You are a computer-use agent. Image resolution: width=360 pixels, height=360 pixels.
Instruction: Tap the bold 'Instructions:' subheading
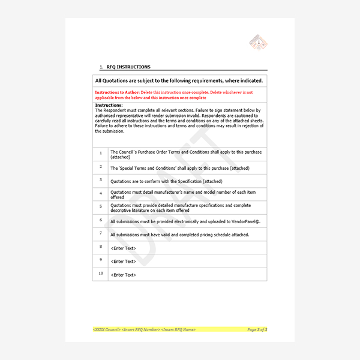coord(109,106)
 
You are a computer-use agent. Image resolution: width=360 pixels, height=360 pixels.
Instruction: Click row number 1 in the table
coord(101,154)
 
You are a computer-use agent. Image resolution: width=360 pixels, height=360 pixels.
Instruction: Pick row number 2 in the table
coord(101,167)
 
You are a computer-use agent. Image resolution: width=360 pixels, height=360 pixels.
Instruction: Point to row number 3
coord(101,181)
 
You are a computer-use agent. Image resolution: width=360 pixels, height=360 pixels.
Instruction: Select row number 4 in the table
coord(101,194)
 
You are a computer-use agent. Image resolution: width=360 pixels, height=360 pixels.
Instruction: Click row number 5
coord(101,207)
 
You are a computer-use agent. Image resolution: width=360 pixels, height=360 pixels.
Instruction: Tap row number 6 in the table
coord(101,220)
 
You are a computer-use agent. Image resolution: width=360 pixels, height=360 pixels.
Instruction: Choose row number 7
coord(101,233)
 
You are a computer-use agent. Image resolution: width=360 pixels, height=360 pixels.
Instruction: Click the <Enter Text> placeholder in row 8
coord(123,248)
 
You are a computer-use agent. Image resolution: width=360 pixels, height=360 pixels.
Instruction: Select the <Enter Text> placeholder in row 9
coord(123,261)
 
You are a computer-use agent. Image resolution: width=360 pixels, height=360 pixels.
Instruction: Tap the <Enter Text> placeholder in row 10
coord(123,275)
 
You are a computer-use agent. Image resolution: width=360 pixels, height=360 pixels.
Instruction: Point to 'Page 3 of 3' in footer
coord(257,329)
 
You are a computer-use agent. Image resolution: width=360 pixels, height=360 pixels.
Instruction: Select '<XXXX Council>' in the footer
coord(107,329)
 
